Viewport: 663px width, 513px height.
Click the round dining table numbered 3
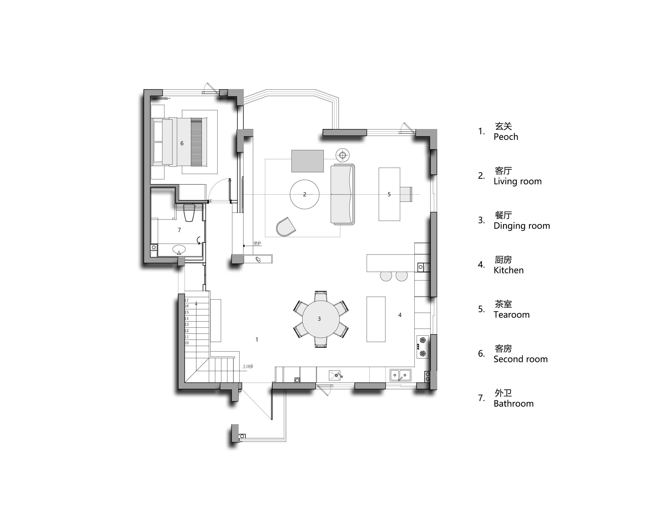[321, 319]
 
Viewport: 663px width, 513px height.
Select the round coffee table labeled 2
[305, 194]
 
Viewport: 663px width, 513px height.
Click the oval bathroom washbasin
[179, 250]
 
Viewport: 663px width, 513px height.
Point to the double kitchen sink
[400, 375]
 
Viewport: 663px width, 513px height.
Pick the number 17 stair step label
[186, 300]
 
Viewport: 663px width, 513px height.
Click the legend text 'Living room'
[518, 181]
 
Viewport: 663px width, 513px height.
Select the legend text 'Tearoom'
[511, 315]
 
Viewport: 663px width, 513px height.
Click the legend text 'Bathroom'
[514, 404]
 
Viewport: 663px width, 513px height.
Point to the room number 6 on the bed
[182, 143]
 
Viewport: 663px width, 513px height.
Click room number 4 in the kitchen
[400, 315]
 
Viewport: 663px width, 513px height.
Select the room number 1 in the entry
[257, 339]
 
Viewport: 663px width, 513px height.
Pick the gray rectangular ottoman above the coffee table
[308, 161]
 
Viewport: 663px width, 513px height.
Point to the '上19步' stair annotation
[248, 367]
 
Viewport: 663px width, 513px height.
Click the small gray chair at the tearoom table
[406, 194]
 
